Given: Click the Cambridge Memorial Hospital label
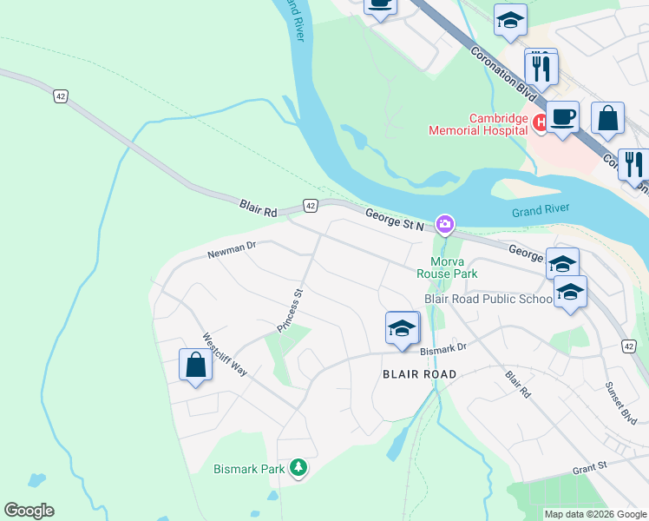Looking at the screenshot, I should pos(478,124).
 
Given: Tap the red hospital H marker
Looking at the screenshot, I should pos(540,123).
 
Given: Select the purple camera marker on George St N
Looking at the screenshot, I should pos(445,226).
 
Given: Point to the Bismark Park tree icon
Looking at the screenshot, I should pos(298,469).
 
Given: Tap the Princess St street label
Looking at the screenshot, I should pos(289,311).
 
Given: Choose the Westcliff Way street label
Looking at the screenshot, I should pos(225,354).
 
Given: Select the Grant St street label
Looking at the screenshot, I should pos(589,469).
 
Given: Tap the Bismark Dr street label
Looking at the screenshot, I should pos(443,347).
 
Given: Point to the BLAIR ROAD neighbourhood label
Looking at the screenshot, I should pos(419,374).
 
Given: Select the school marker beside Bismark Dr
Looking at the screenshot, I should pos(402,328).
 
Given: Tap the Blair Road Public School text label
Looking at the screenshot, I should pos(488,299).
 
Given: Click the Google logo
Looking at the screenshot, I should pos(29,511).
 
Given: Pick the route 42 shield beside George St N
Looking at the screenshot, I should pos(311,205).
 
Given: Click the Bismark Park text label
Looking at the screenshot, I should pos(249,469).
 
